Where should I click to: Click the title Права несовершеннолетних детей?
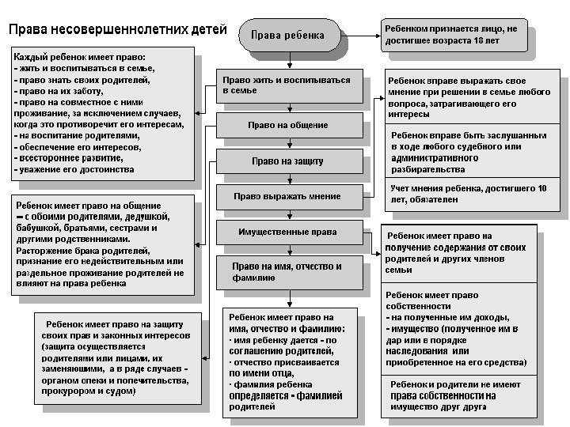(x=117, y=30)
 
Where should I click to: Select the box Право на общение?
(x=287, y=125)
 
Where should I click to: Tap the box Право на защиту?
(x=287, y=161)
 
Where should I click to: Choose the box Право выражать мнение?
(x=287, y=195)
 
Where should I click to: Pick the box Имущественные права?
(x=287, y=232)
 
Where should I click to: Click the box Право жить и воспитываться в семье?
(x=286, y=86)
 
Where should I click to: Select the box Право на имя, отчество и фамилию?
(x=287, y=273)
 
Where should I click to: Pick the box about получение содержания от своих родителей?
(x=459, y=253)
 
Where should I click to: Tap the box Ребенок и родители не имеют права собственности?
(x=459, y=395)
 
